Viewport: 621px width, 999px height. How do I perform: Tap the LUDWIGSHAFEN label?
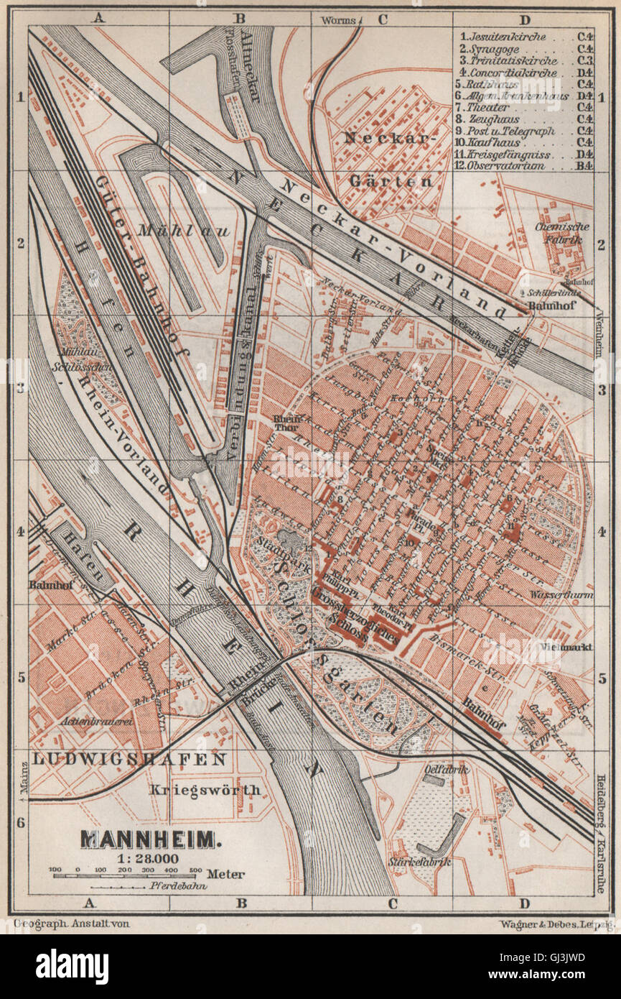tap(129, 759)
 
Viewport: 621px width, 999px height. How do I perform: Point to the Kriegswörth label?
tap(205, 789)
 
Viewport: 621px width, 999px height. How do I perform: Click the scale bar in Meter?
tap(126, 875)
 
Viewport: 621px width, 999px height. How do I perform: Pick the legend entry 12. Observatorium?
tap(503, 166)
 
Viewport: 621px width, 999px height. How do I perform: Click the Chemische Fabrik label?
tap(561, 232)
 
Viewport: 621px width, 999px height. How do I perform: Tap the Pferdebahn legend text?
tap(169, 888)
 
